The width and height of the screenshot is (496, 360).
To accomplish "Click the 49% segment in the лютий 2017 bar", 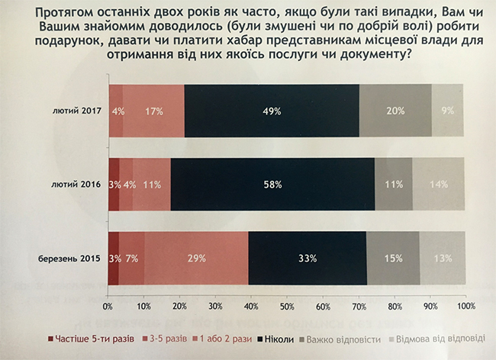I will tap(272, 111).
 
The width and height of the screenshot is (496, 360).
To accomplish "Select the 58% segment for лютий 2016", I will tap(273, 184).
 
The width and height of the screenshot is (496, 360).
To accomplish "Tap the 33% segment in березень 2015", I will tap(307, 257).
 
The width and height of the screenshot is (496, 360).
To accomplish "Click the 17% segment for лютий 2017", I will tap(153, 111).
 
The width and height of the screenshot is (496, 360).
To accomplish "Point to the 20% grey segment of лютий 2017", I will tap(395, 111).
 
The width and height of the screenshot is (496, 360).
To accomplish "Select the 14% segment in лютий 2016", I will tap(439, 184).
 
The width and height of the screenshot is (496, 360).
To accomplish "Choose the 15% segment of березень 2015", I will tap(393, 257).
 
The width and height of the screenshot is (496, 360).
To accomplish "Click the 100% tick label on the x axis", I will tap(465, 307).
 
